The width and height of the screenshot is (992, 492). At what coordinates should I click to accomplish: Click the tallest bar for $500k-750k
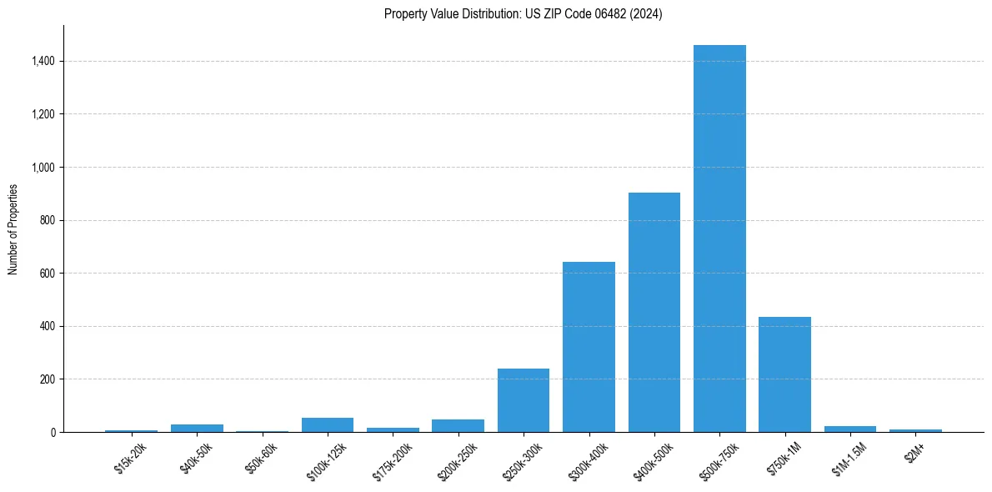tap(719, 238)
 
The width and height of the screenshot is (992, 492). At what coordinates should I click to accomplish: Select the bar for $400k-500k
tap(654, 313)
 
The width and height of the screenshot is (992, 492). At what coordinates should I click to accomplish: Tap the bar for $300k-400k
tap(589, 347)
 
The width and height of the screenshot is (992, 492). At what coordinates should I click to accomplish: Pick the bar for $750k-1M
tap(784, 374)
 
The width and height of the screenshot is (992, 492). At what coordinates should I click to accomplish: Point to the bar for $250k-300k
tap(524, 400)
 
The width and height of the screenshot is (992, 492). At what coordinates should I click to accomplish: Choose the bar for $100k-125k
tap(328, 425)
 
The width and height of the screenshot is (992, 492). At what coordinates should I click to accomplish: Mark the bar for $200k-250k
tap(458, 426)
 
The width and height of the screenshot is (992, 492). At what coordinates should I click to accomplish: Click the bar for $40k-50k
tap(197, 428)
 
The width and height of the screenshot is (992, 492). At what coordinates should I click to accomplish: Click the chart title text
tap(523, 14)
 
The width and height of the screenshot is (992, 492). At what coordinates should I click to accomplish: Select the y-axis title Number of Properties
tap(13, 228)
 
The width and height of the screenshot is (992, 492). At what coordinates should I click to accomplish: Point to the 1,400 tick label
tap(42, 61)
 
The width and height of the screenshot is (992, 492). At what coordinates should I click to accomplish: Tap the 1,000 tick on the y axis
tap(42, 167)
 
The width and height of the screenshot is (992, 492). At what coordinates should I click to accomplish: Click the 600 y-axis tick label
tap(47, 274)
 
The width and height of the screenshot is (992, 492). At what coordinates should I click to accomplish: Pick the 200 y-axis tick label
tap(47, 379)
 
